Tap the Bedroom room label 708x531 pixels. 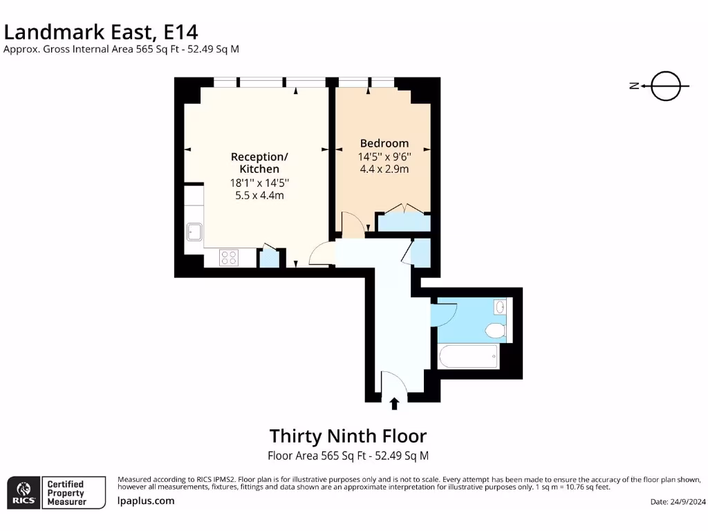(384, 143)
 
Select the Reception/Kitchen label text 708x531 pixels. (259, 162)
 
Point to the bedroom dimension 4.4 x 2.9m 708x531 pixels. (384, 169)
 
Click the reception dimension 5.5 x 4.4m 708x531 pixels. (259, 196)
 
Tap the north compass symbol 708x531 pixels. (665, 86)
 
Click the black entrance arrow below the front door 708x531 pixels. (395, 404)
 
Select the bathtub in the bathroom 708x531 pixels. (469, 357)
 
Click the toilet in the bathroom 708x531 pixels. (495, 330)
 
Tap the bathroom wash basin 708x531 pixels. (499, 306)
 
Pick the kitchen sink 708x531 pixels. (193, 231)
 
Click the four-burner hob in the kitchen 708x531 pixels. (229, 258)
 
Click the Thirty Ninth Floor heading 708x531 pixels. (348, 436)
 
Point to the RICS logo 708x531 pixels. (22, 492)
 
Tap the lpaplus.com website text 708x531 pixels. (146, 501)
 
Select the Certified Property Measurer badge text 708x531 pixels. (66, 492)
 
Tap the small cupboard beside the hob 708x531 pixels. (268, 259)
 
